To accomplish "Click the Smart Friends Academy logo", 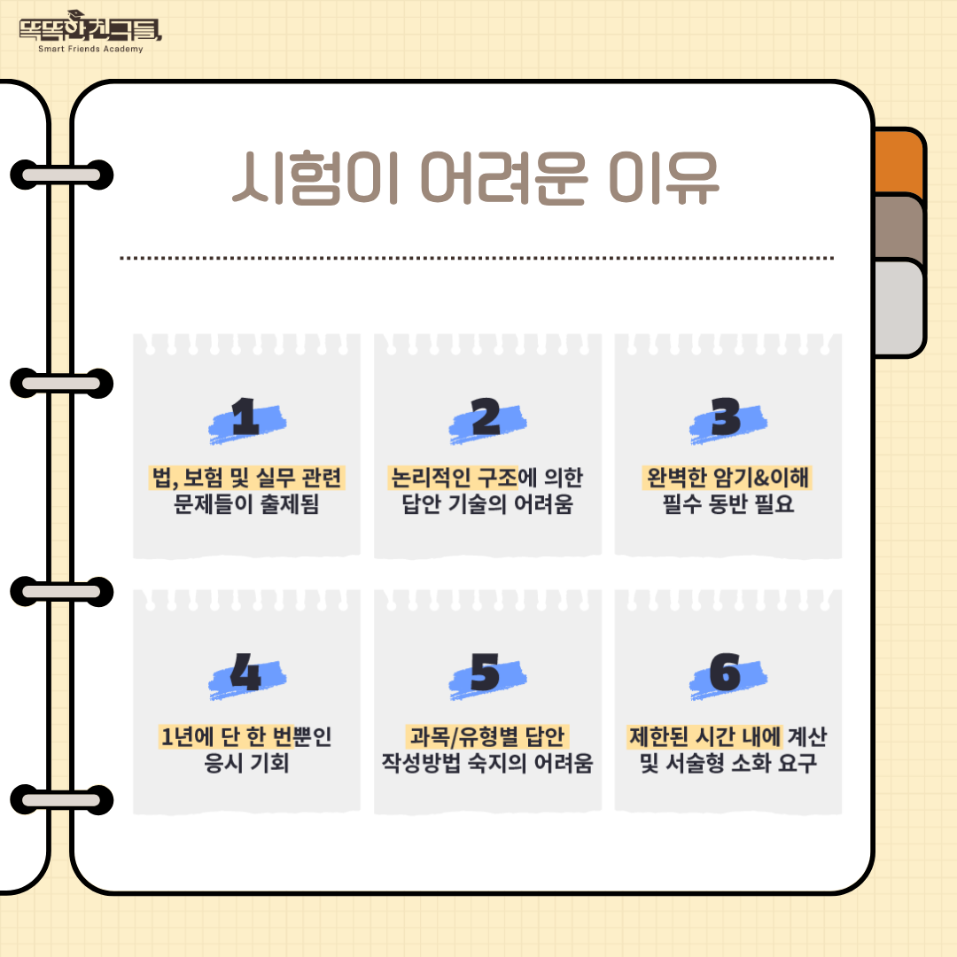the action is pyautogui.click(x=90, y=32).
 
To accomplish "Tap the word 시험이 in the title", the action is pyautogui.click(x=315, y=177).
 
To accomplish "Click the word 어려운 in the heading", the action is pyautogui.click(x=503, y=177).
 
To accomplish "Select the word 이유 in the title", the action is pyautogui.click(x=664, y=177).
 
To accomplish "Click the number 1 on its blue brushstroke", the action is pyautogui.click(x=246, y=419).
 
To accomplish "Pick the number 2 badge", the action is pyautogui.click(x=487, y=419).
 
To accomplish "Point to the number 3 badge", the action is pyautogui.click(x=727, y=419).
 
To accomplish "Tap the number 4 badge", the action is pyautogui.click(x=246, y=674).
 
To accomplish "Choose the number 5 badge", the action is pyautogui.click(x=487, y=674).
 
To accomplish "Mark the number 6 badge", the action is pyautogui.click(x=727, y=674).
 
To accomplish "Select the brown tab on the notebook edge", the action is pyautogui.click(x=899, y=227).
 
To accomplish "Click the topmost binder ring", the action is pyautogui.click(x=62, y=175).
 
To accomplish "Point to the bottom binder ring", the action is pyautogui.click(x=62, y=799).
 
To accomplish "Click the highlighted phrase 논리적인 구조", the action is pyautogui.click(x=454, y=478).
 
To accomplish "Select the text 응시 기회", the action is pyautogui.click(x=246, y=763).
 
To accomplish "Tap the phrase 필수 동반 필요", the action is pyautogui.click(x=728, y=503).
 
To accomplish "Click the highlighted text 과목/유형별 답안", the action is pyautogui.click(x=487, y=736).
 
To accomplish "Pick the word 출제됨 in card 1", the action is pyautogui.click(x=290, y=503).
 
